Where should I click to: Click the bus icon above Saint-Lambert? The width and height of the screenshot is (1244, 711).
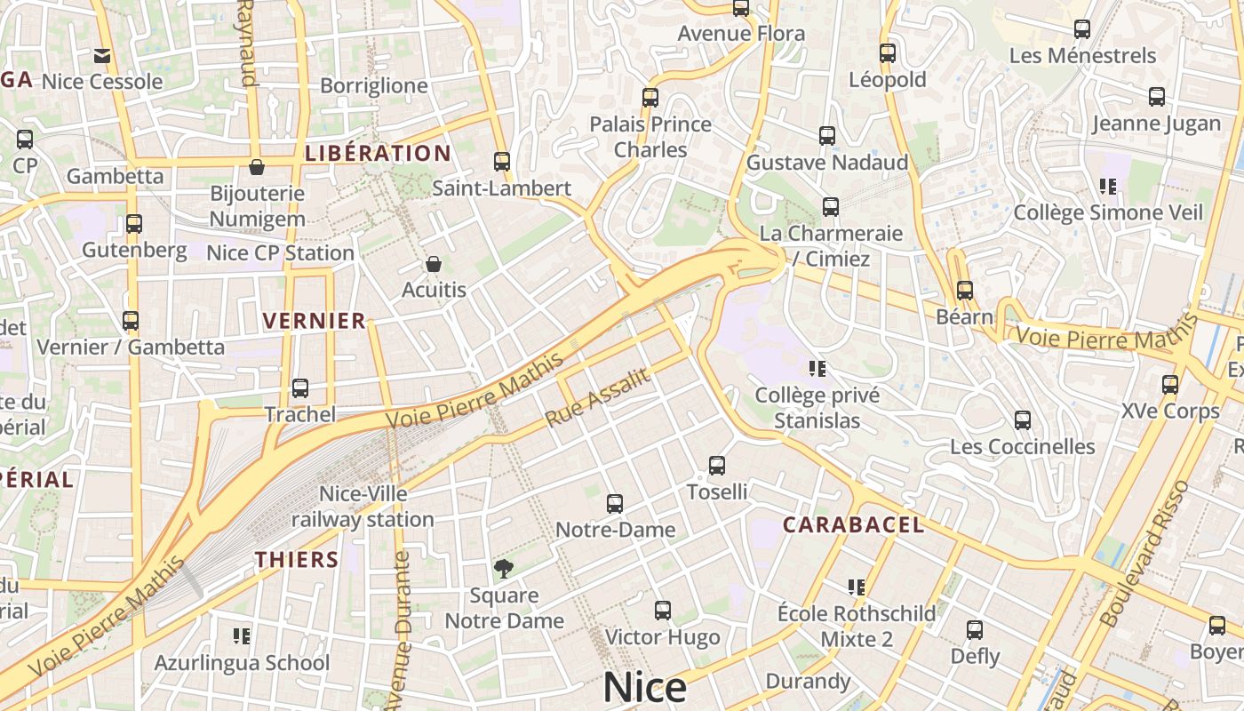[502, 162]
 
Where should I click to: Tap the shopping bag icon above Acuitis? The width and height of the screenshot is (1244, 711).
[434, 264]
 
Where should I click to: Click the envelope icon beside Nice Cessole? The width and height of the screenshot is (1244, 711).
[102, 56]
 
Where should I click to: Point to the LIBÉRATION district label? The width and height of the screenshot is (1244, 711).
[378, 153]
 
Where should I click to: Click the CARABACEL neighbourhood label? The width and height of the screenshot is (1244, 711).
[853, 524]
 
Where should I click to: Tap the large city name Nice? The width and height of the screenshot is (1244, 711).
[645, 688]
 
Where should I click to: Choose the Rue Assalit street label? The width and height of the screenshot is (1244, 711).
[597, 398]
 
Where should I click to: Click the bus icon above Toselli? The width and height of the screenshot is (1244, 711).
[717, 465]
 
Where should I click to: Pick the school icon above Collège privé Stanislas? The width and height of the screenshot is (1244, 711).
[817, 368]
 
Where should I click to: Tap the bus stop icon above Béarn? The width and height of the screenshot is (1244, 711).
[965, 291]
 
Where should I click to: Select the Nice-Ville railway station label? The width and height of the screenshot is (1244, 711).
[363, 506]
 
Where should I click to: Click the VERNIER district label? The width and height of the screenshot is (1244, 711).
[315, 321]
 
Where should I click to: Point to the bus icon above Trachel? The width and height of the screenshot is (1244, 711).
[300, 388]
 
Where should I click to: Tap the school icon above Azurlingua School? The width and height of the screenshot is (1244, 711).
[241, 635]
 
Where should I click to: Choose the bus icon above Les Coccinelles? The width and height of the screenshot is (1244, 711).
[1023, 420]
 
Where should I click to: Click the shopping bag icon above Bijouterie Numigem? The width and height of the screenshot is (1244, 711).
[257, 167]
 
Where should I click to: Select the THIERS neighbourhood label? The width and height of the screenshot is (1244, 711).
[297, 559]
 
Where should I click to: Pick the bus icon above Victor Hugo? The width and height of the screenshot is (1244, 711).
[663, 611]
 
